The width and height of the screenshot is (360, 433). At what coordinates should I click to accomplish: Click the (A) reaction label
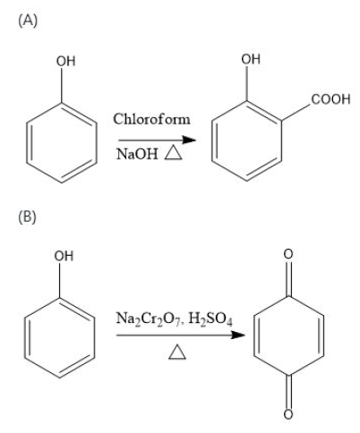28,21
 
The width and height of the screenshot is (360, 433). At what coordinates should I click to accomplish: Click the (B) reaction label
28,216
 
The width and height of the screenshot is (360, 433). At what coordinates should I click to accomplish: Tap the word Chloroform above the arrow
151,119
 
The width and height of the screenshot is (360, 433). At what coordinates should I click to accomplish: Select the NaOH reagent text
137,154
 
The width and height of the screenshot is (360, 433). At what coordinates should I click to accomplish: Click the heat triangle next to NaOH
173,153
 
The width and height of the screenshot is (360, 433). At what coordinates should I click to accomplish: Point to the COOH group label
330,99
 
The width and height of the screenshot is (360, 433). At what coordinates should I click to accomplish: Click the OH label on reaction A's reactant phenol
65,61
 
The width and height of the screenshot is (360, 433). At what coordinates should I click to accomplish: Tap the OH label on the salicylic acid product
251,59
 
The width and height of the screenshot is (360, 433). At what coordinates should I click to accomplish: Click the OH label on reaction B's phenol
64,256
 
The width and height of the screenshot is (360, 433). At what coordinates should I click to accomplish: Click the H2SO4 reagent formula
210,319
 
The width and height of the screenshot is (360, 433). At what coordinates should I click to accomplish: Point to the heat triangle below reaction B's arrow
177,352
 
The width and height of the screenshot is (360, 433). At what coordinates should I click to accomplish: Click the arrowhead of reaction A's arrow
189,140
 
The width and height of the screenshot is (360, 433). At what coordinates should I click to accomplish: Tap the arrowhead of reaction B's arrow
237,335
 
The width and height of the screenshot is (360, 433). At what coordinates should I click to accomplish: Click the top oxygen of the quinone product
288,254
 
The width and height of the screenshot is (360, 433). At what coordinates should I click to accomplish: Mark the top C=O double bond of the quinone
288,279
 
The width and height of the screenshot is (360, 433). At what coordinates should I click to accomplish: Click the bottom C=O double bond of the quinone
288,391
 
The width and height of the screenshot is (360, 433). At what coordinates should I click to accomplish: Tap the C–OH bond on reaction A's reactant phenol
62,85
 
